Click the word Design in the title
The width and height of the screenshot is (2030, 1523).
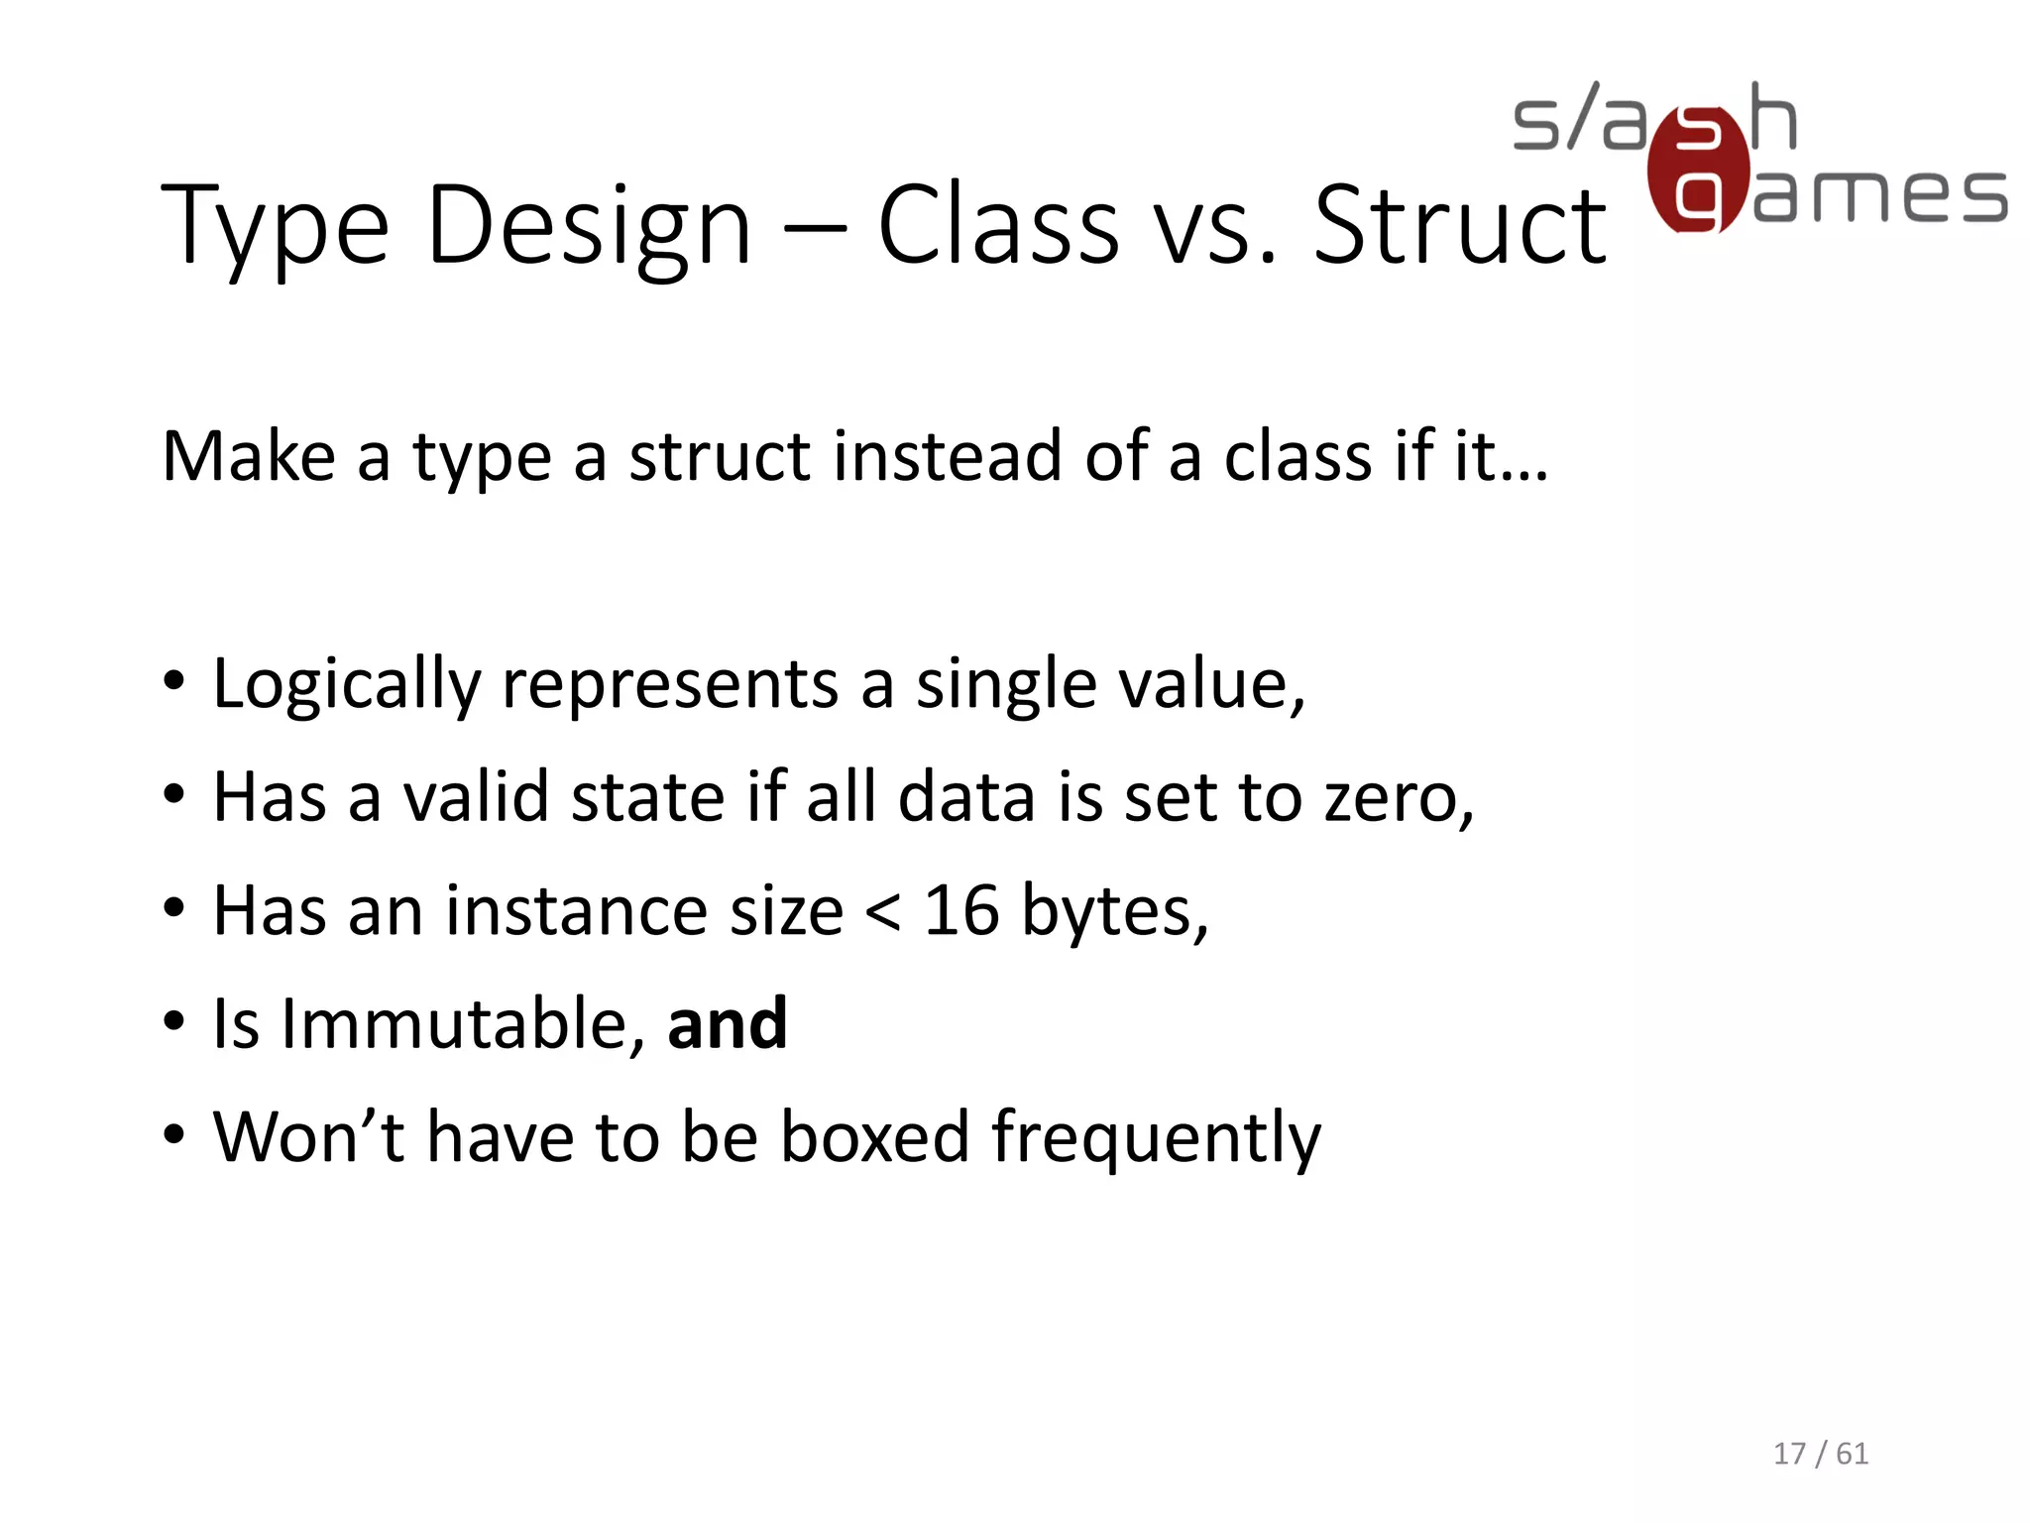[589, 228]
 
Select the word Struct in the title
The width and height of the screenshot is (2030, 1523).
[1459, 228]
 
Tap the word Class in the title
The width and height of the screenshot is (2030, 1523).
[999, 228]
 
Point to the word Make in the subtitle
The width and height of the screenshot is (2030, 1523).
[249, 457]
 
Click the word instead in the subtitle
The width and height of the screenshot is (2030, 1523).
[948, 457]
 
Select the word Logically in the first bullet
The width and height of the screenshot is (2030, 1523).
[347, 685]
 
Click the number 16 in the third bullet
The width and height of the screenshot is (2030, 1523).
[961, 911]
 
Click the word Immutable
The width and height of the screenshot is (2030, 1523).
[456, 1024]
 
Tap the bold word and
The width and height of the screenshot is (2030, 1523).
[728, 1024]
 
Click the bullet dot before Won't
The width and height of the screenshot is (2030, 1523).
[174, 1134]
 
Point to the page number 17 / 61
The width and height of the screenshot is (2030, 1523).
[1821, 1454]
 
